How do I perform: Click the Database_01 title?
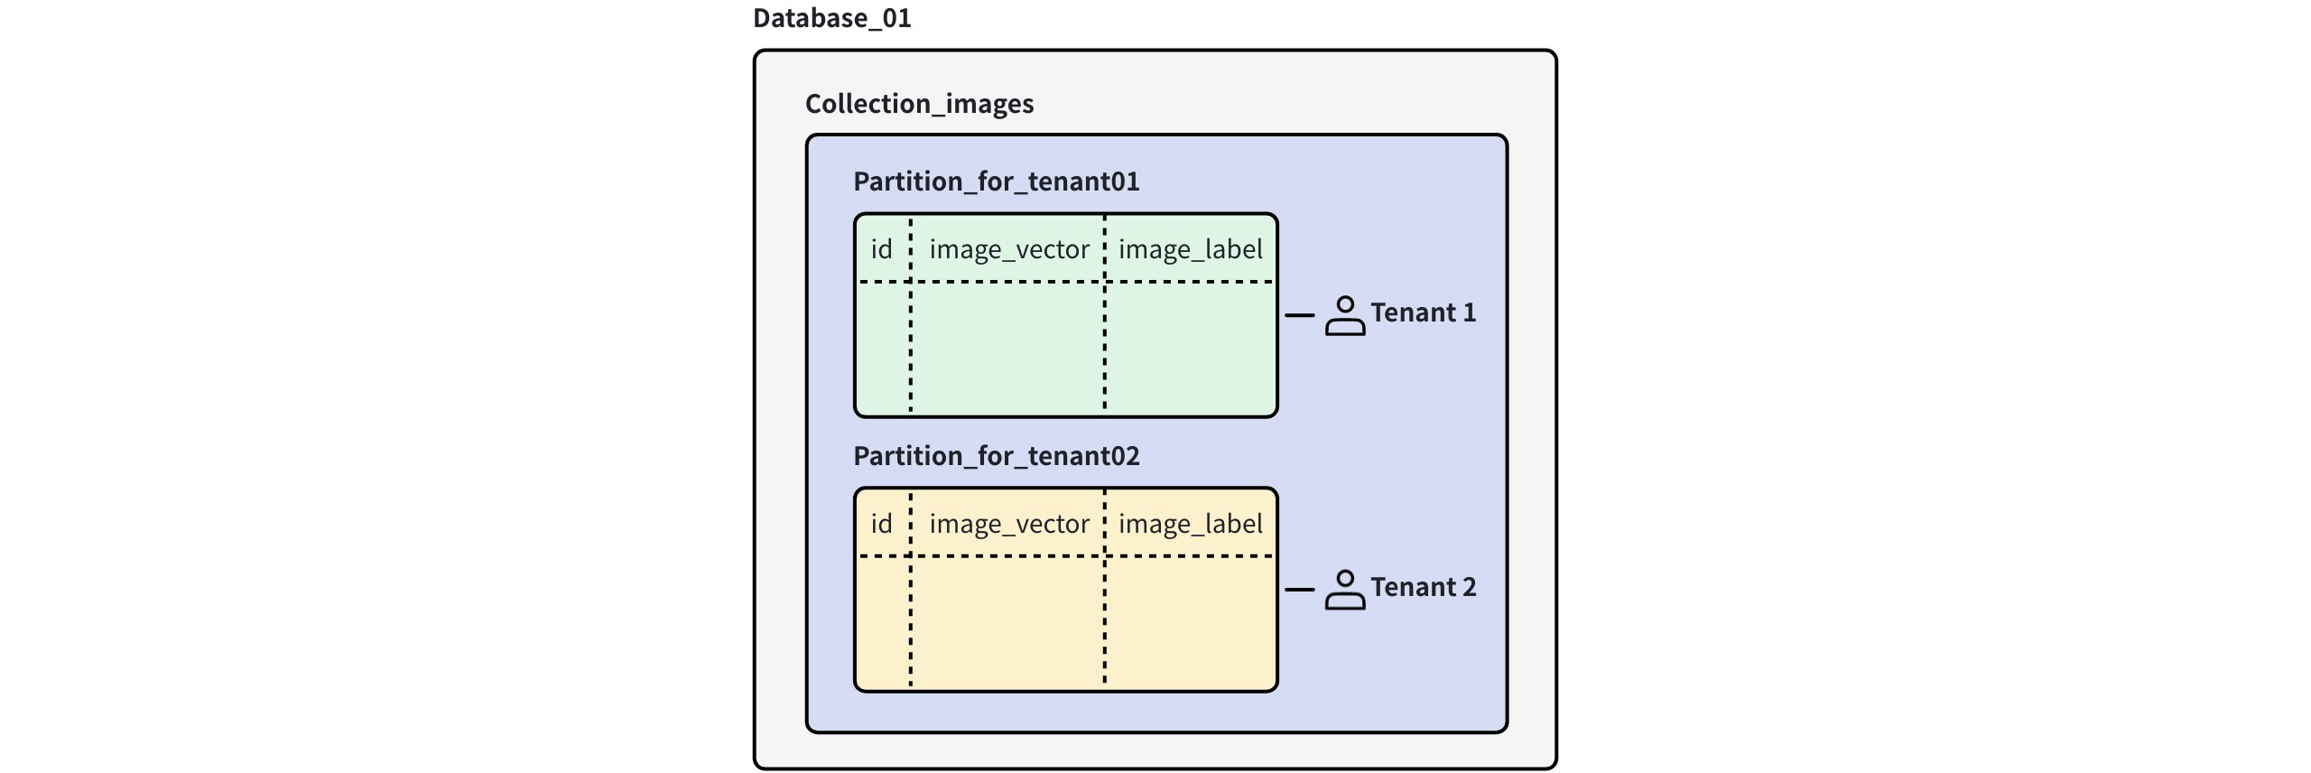click(x=831, y=18)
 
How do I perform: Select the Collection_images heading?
click(x=919, y=104)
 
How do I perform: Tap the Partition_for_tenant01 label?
click(x=996, y=182)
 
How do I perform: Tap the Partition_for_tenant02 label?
click(x=996, y=456)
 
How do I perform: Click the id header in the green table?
click(x=881, y=249)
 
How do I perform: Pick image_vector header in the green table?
click(x=1008, y=249)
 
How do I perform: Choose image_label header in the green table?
click(x=1190, y=249)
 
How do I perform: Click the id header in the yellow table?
click(x=881, y=524)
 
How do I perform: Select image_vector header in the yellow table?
click(x=1008, y=524)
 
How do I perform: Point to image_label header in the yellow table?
click(x=1190, y=524)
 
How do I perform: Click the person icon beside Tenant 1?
click(x=1344, y=316)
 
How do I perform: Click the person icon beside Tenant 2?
click(x=1344, y=591)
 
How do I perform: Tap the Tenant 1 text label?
click(x=1423, y=313)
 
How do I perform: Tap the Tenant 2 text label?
click(x=1423, y=588)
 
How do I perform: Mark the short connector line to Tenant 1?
click(x=1299, y=315)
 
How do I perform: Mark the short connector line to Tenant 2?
click(x=1299, y=590)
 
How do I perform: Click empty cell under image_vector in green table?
click(x=1007, y=348)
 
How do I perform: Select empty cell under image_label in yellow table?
click(x=1190, y=622)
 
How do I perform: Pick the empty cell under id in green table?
click(x=883, y=348)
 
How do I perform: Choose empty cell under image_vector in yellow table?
click(x=1007, y=622)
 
